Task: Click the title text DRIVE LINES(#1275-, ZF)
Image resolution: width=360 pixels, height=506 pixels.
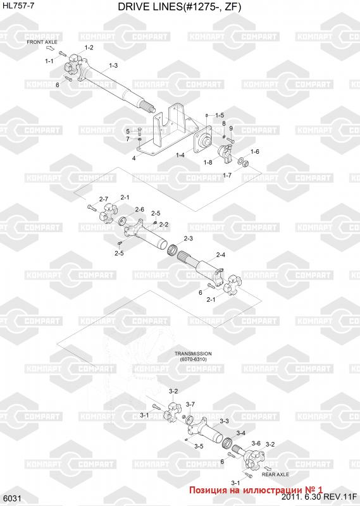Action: [x=179, y=7]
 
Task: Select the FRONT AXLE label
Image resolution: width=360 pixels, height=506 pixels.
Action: [x=42, y=42]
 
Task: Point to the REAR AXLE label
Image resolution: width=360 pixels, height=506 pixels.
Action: [x=275, y=474]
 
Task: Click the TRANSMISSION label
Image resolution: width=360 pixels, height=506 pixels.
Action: [x=193, y=354]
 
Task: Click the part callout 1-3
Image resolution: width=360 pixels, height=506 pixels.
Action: [x=113, y=66]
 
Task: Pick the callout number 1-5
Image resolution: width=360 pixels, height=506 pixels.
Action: [x=220, y=115]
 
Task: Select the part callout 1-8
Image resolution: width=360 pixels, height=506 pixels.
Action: [x=208, y=162]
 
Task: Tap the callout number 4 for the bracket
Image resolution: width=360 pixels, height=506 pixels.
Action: [x=133, y=158]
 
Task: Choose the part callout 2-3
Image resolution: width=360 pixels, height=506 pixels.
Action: [x=189, y=238]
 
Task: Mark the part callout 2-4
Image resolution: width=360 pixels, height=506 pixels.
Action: [x=221, y=255]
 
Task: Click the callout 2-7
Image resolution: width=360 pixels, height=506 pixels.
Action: [x=104, y=199]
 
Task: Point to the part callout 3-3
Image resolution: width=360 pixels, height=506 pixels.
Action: [x=225, y=421]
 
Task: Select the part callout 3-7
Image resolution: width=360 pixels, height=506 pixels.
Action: [x=190, y=404]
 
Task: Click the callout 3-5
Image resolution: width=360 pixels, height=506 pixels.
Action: [x=199, y=447]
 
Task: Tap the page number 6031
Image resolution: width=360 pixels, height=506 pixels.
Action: [x=13, y=498]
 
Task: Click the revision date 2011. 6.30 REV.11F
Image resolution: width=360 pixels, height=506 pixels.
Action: [x=319, y=497]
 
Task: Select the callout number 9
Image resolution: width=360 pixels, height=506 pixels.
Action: [x=231, y=128]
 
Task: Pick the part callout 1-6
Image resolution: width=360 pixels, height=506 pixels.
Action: [x=255, y=152]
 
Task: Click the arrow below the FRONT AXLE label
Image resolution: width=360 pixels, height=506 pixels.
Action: [x=51, y=49]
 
